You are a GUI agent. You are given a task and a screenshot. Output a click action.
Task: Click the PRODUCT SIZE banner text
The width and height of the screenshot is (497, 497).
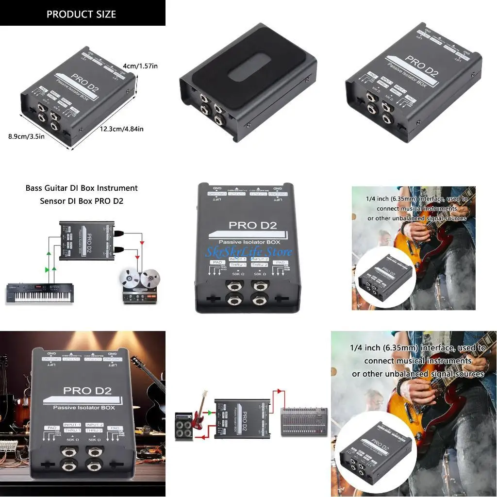pyautogui.click(x=81, y=14)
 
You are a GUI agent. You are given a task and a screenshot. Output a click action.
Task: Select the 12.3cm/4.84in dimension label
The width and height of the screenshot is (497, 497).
pyautogui.click(x=121, y=129)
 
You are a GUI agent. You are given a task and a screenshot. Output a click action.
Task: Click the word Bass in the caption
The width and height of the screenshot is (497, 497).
pyautogui.click(x=35, y=188)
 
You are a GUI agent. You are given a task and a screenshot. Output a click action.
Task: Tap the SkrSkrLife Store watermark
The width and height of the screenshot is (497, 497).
pyautogui.click(x=248, y=252)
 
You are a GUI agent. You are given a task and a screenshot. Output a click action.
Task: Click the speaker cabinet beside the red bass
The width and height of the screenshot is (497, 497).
pyautogui.click(x=184, y=425)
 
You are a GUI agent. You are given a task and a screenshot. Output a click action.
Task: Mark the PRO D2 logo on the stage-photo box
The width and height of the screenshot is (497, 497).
pyautogui.click(x=87, y=390)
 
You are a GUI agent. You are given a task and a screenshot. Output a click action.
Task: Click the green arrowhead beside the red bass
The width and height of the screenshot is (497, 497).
pyautogui.click(x=209, y=413)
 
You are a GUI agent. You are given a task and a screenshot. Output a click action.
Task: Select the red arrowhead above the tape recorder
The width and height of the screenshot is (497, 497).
pyautogui.click(x=141, y=242)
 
